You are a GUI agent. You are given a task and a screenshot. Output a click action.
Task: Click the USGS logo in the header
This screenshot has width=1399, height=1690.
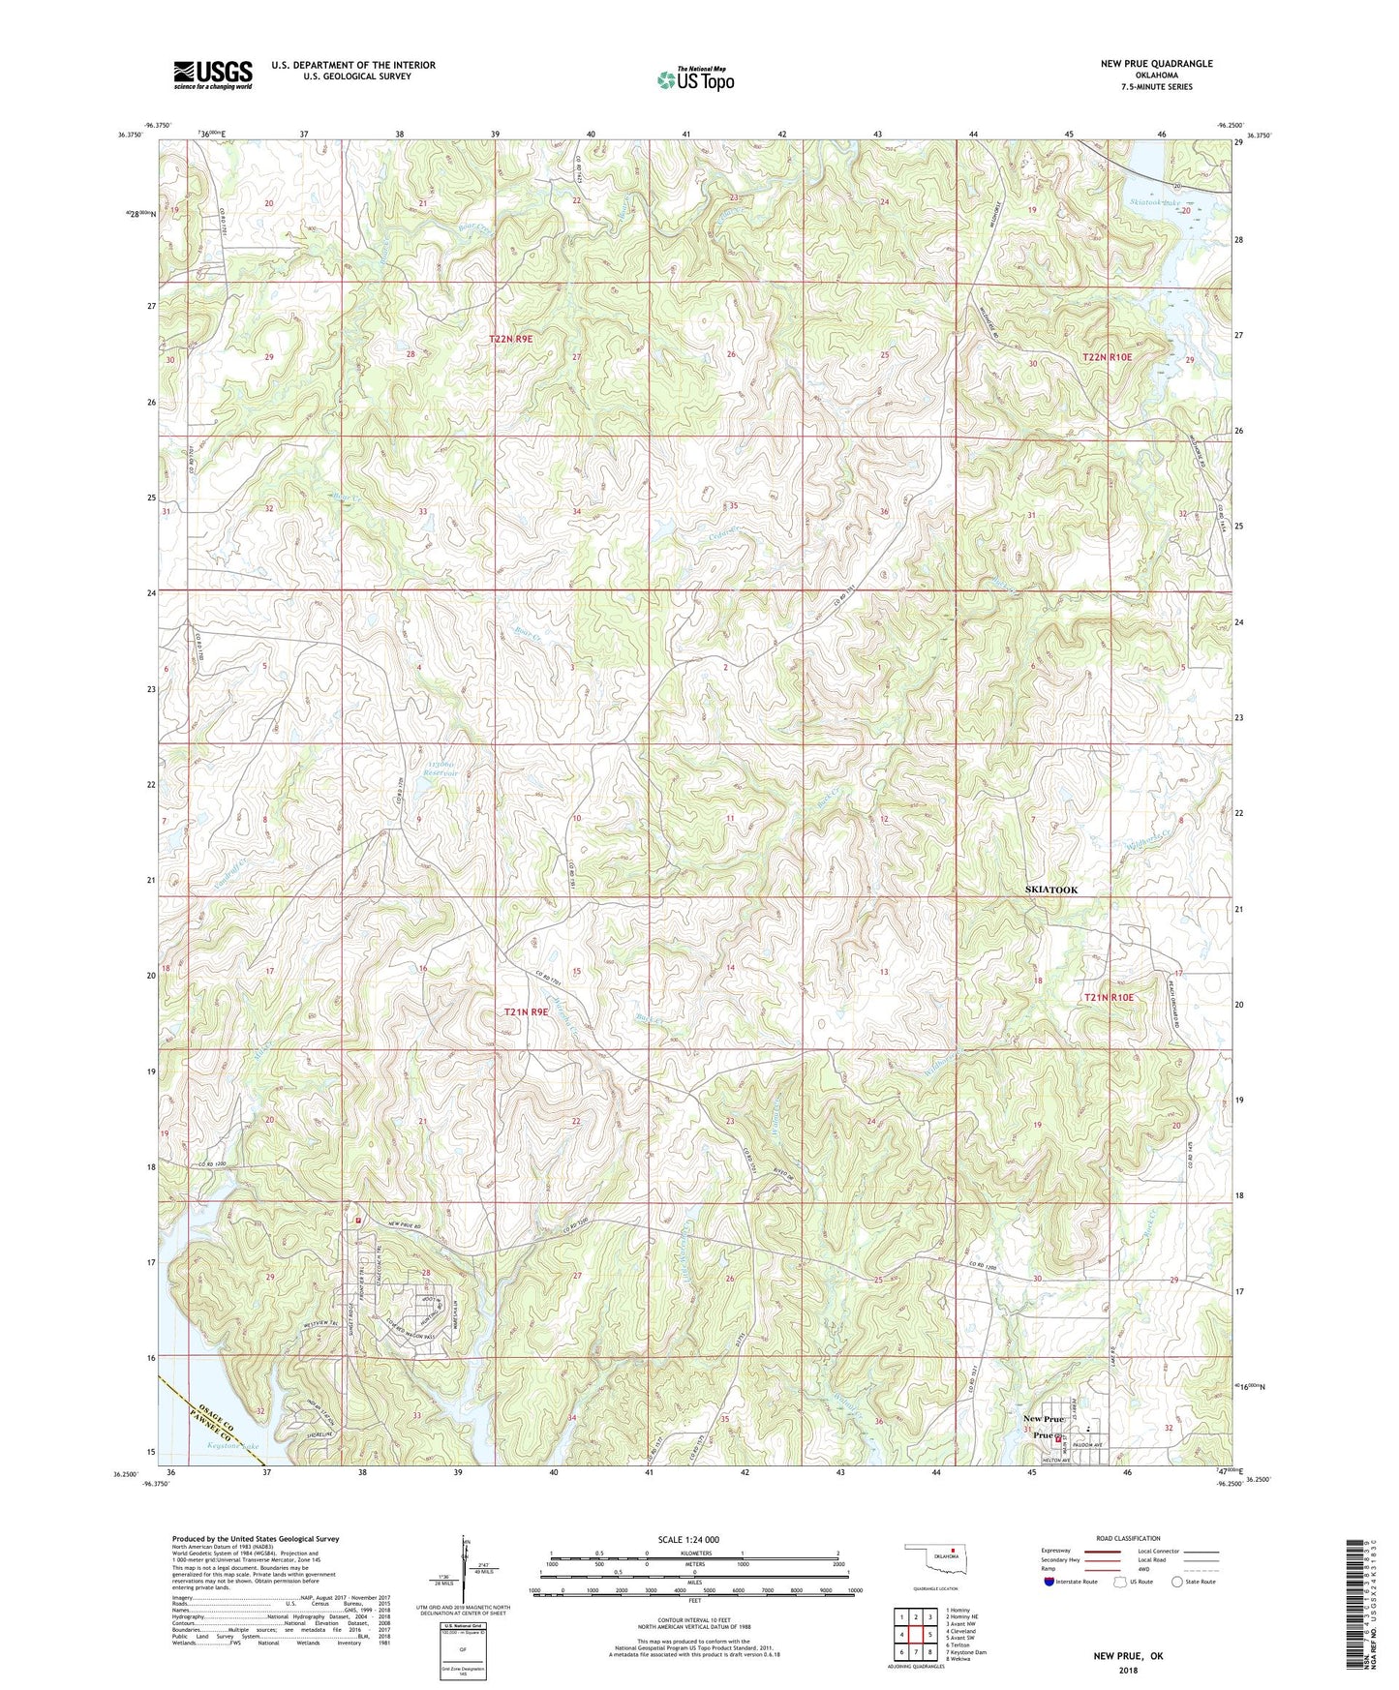click(212, 75)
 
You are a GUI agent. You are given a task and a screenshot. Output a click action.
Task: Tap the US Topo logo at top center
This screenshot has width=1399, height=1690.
click(695, 79)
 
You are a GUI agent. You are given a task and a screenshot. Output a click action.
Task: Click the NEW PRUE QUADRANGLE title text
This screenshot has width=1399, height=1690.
click(1155, 64)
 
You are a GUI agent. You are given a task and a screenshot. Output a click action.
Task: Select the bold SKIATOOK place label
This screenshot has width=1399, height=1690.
click(1050, 890)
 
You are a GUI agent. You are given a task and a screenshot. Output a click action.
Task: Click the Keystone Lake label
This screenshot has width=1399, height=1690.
click(233, 1447)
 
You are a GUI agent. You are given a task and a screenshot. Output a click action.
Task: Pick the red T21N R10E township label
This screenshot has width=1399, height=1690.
click(1109, 997)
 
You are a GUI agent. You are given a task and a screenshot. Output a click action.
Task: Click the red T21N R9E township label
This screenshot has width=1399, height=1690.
click(532, 1011)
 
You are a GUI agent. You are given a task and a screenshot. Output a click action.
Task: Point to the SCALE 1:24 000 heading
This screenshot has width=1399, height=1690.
click(688, 1539)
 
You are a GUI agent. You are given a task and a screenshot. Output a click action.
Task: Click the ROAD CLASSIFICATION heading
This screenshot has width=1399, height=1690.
click(1128, 1538)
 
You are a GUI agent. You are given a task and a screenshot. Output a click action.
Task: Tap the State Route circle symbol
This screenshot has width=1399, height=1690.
click(1176, 1582)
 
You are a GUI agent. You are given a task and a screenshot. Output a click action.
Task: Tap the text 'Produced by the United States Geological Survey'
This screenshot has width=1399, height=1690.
click(255, 1538)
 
